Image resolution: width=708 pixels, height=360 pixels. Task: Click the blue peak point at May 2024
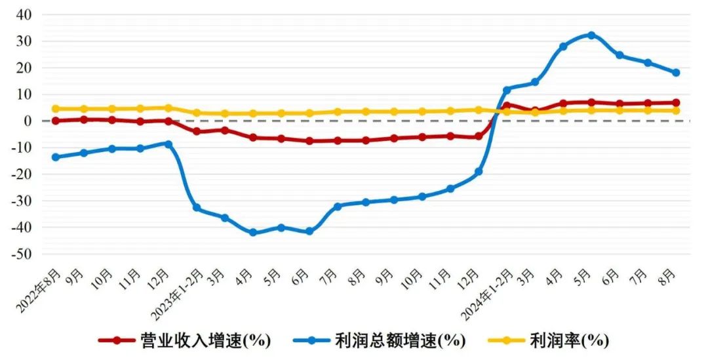click(591, 35)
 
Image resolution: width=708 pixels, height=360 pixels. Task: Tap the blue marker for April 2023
click(253, 232)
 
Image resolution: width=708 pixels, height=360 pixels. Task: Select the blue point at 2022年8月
click(56, 157)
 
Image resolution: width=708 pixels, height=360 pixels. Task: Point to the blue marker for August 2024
click(676, 73)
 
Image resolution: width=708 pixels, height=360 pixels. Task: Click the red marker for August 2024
click(676, 103)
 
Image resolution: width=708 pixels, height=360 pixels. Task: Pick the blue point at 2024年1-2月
click(507, 90)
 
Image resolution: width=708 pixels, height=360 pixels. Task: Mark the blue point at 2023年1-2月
click(197, 208)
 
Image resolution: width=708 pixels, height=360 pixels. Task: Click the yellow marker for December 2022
click(168, 108)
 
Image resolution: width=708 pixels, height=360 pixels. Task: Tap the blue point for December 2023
click(479, 172)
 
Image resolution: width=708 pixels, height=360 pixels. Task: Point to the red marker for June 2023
click(309, 141)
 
